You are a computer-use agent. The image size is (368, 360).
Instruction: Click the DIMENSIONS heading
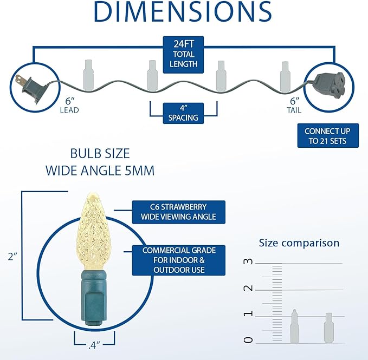(x=183, y=12)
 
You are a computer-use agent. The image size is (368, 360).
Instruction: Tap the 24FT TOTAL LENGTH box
(x=183, y=55)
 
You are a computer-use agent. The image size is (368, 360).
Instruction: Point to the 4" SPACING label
(x=183, y=113)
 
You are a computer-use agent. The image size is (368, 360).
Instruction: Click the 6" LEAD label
(x=69, y=106)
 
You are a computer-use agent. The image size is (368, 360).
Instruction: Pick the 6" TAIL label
(x=294, y=106)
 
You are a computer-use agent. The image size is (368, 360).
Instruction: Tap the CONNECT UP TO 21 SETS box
(x=328, y=136)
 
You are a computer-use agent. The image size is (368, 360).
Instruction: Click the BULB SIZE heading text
(x=100, y=154)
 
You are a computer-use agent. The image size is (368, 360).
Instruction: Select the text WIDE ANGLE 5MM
(x=100, y=171)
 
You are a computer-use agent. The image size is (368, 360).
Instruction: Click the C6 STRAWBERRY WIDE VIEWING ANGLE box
(x=179, y=212)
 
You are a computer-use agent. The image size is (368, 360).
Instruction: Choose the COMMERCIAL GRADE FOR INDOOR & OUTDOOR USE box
(x=179, y=260)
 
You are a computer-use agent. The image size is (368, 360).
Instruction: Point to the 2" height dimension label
(x=12, y=257)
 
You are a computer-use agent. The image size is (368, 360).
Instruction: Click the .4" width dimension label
(x=94, y=345)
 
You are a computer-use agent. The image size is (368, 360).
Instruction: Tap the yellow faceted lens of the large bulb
(x=94, y=231)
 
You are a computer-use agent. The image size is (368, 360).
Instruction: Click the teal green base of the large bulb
(x=93, y=298)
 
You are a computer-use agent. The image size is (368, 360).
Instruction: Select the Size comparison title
(x=299, y=243)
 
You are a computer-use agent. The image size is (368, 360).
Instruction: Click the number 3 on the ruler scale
(x=248, y=261)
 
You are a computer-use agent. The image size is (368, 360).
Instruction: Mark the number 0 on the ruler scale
(x=248, y=340)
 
